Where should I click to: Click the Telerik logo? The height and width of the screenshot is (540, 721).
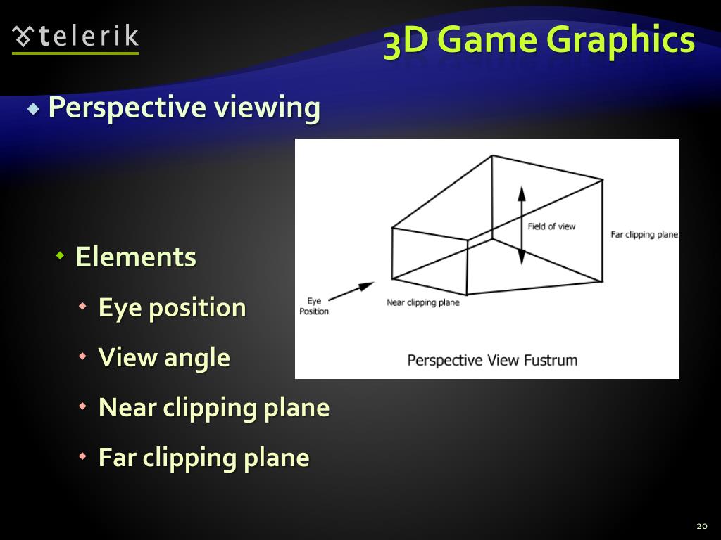point(75,38)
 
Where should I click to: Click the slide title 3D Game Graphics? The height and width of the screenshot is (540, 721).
point(539,40)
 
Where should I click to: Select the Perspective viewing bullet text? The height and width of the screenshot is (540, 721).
point(184,108)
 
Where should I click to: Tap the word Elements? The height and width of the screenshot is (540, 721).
point(136,257)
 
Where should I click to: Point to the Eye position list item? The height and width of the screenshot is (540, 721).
point(173,307)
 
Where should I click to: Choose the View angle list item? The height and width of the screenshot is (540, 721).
point(164,357)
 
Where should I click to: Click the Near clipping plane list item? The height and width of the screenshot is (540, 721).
point(214,407)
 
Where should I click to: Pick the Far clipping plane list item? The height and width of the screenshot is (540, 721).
point(204,457)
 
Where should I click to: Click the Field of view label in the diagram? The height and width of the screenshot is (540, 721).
point(551,226)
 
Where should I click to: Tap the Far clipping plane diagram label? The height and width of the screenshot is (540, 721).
point(644,235)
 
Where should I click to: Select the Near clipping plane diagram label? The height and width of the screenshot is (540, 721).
point(422,302)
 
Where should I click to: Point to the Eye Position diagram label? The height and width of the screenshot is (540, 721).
point(314,306)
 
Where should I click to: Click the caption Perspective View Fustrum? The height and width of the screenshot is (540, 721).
point(492,361)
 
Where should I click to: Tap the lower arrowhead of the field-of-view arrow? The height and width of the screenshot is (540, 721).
point(522,257)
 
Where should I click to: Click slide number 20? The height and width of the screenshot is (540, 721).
point(701,526)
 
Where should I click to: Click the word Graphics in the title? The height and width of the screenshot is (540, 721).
point(620,40)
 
